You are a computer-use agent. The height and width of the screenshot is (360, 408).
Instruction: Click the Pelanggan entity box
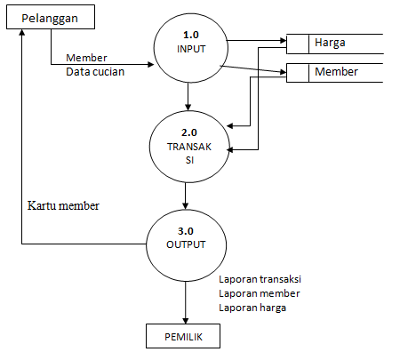coord(51,17)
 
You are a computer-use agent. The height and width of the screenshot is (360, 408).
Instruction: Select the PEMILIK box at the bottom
coord(184,337)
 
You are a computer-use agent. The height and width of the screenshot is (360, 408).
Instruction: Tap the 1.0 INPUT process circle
coord(190,42)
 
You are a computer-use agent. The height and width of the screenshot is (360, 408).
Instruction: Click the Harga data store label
coord(330,42)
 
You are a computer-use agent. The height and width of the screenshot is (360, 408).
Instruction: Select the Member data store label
coord(336,71)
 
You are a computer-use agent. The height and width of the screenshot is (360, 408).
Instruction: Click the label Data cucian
coord(95,72)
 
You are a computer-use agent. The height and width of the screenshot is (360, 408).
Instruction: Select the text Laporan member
coord(259,292)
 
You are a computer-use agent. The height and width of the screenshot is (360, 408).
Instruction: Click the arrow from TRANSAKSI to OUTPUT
coord(185,195)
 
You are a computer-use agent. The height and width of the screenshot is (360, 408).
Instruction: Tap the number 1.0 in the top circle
coord(190,35)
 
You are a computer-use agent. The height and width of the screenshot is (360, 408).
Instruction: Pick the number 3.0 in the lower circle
coord(185,230)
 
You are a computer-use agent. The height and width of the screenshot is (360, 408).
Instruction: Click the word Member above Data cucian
coord(86,59)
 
